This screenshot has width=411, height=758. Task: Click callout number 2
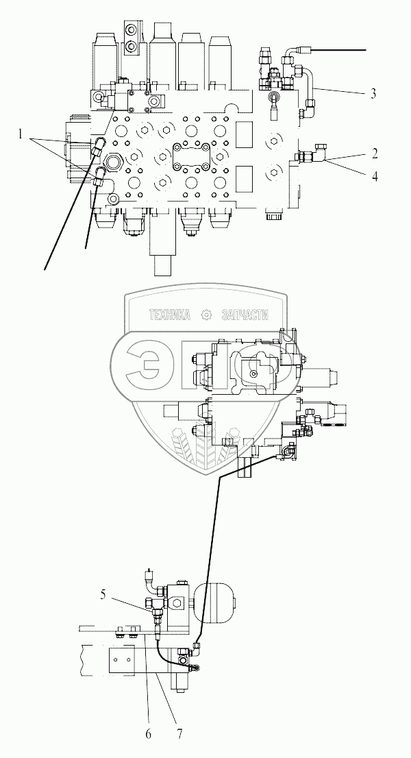coord(373,154)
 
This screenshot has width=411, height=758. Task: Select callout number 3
coord(373,93)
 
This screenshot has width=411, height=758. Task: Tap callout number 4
coord(374,176)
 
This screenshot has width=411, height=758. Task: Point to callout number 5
coord(103,594)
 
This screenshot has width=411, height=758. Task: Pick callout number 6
coord(148,734)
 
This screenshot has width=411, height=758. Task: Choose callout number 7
coord(179,734)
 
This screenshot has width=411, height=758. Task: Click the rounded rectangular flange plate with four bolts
coord(191,158)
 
